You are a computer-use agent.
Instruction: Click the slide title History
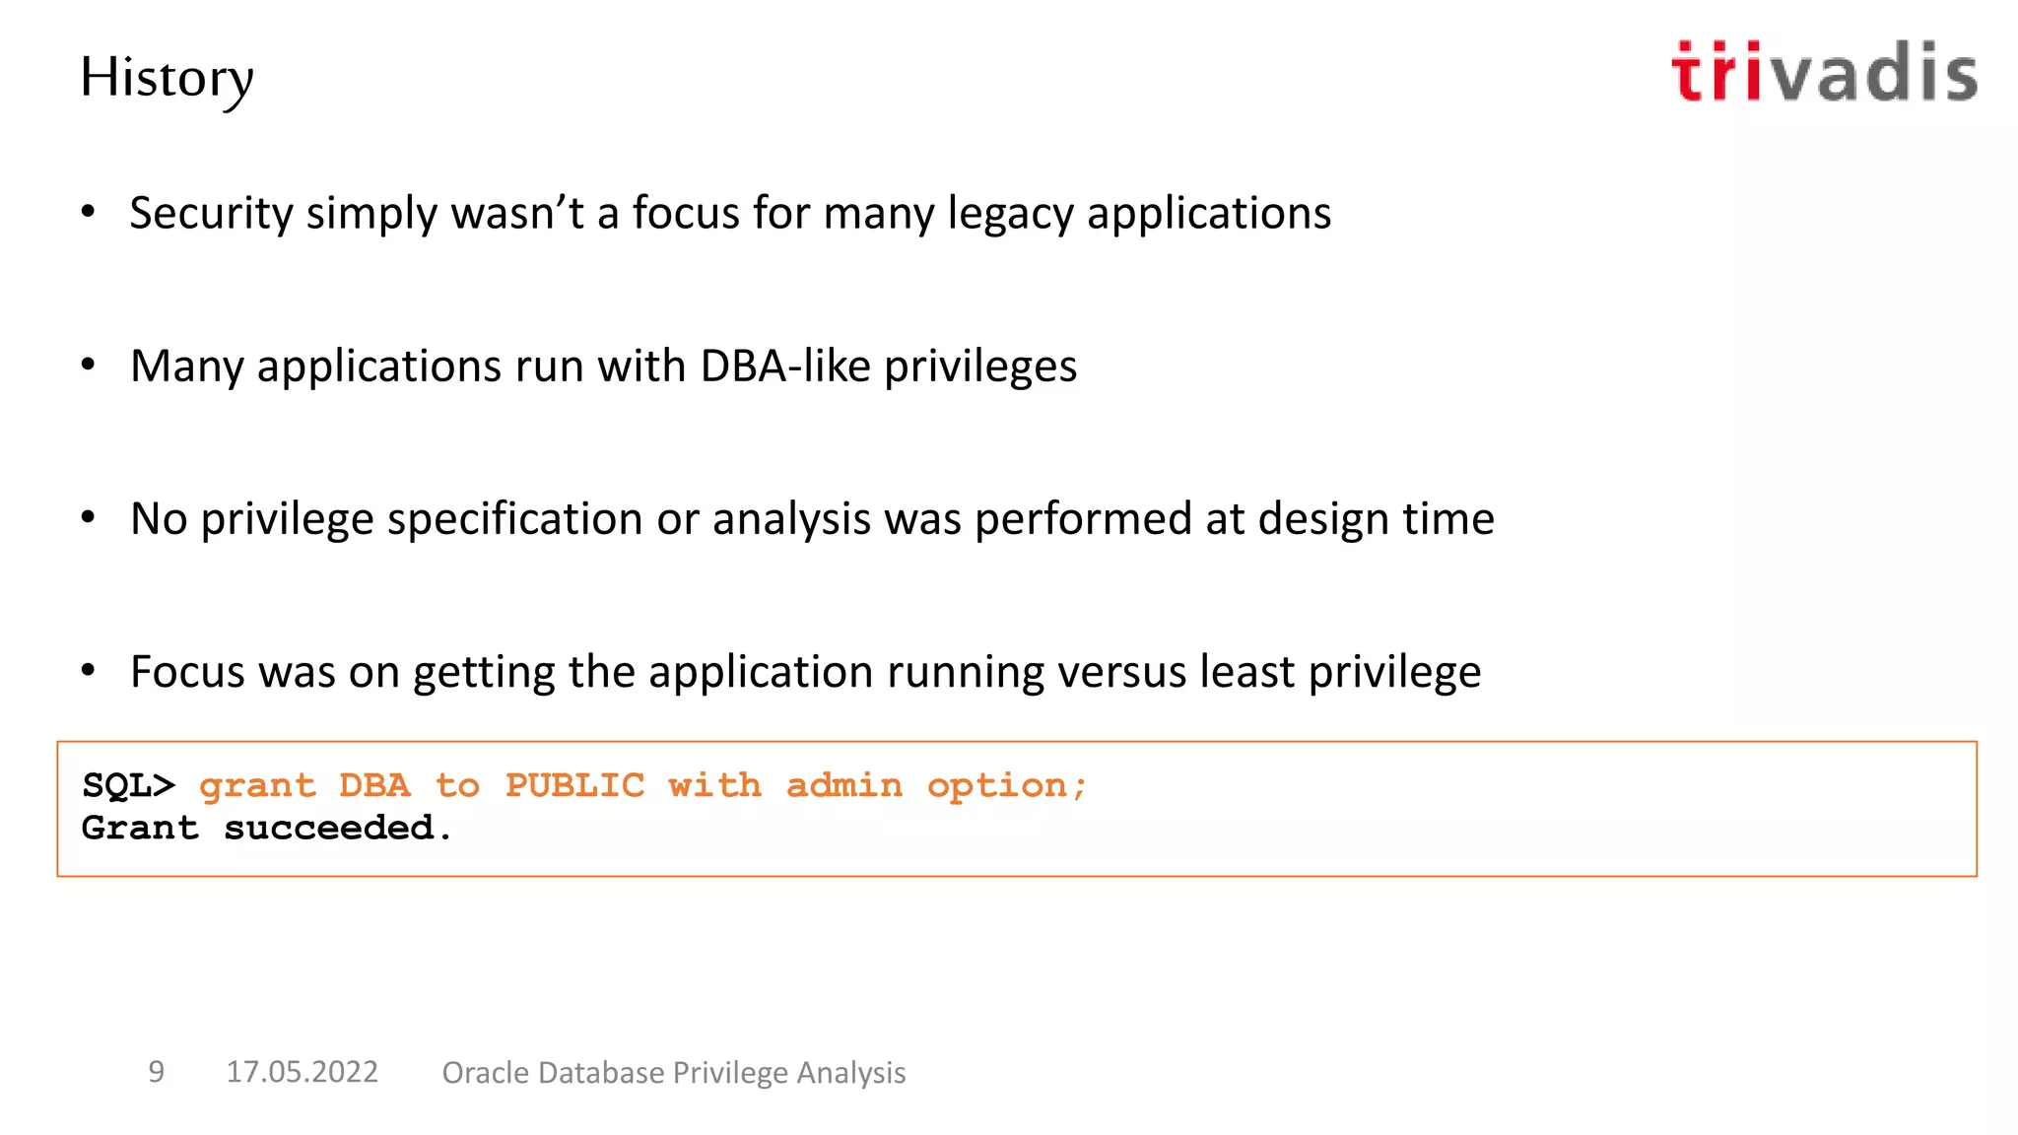pyautogui.click(x=167, y=78)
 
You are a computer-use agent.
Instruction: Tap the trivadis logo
pyautogui.click(x=1824, y=72)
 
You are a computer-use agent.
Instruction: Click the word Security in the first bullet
pyautogui.click(x=211, y=214)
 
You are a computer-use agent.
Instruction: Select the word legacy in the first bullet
pyautogui.click(x=1010, y=214)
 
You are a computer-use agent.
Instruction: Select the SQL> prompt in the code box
pyautogui.click(x=128, y=785)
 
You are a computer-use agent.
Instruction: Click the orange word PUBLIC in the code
pyautogui.click(x=574, y=785)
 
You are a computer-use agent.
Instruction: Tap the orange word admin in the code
pyautogui.click(x=843, y=785)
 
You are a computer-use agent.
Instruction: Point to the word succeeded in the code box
pyautogui.click(x=329, y=828)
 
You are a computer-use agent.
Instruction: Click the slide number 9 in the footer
pyautogui.click(x=156, y=1072)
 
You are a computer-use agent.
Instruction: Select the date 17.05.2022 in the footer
pyautogui.click(x=302, y=1072)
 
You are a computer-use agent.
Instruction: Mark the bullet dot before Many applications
pyautogui.click(x=89, y=366)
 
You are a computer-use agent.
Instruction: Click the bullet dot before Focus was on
pyautogui.click(x=89, y=671)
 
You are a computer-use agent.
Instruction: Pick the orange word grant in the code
pyautogui.click(x=257, y=786)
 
